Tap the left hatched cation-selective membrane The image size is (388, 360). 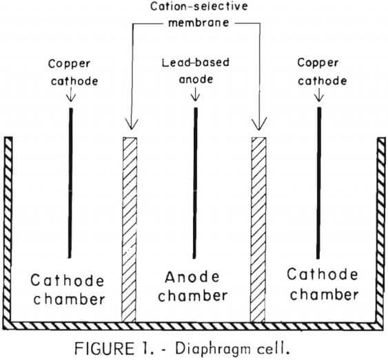point(130,227)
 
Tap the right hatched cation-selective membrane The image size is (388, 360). point(258,227)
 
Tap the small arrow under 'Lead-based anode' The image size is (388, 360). point(194,94)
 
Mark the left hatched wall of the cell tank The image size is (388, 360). point(9,227)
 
